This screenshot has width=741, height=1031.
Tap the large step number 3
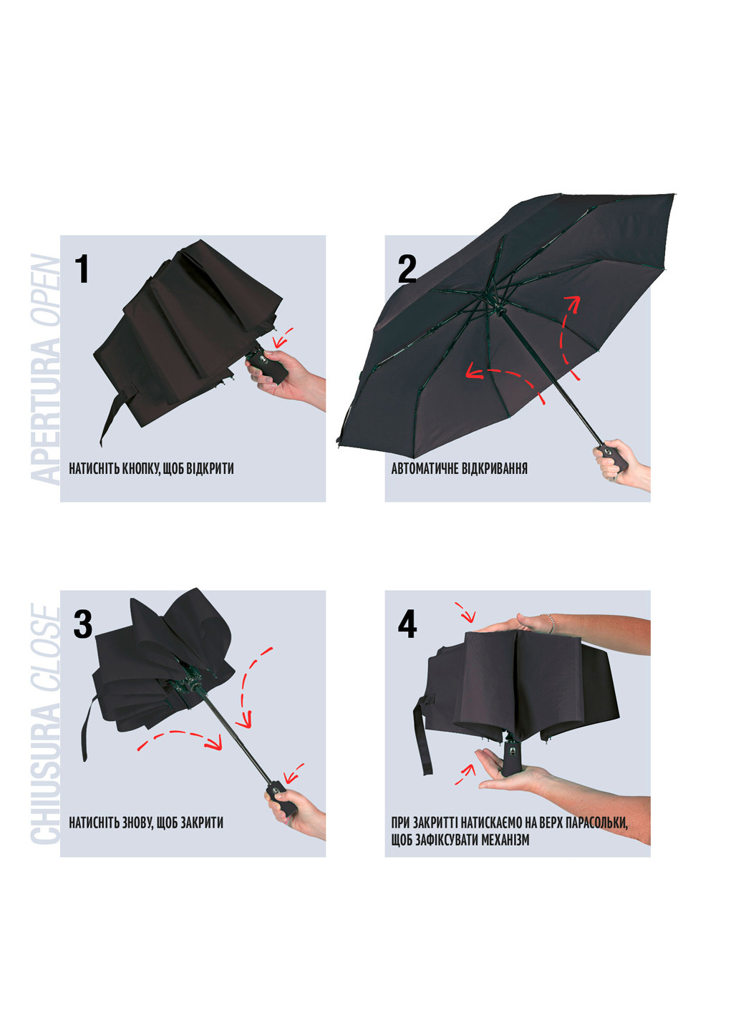83,624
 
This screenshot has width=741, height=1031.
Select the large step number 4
407,624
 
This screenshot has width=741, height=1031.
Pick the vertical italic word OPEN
46,289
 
